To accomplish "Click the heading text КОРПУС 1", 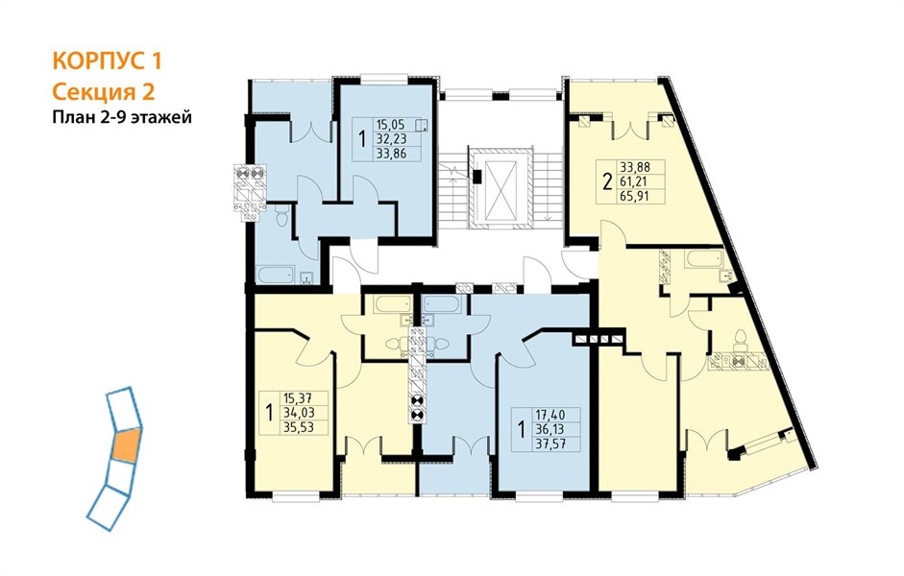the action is [108, 61].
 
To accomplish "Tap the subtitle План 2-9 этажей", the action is [122, 118].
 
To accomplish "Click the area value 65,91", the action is [635, 196].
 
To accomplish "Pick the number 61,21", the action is [635, 181].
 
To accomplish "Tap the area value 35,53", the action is [298, 427].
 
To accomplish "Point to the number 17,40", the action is [550, 414].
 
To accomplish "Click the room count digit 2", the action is [607, 182].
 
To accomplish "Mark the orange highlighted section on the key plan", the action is [126, 445].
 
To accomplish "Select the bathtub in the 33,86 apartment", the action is [276, 275].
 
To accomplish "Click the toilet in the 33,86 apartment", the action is [281, 217].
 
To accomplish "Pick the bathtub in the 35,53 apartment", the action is [392, 304].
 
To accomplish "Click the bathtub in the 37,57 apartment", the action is [441, 304].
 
